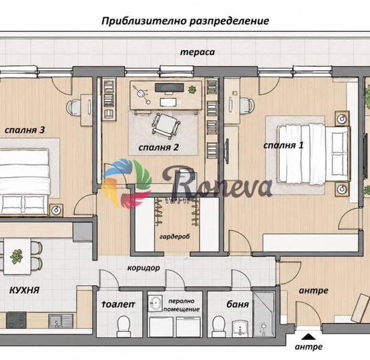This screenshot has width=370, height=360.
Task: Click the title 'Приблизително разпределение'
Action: (x=185, y=21)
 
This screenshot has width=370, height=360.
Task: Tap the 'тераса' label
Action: (x=197, y=52)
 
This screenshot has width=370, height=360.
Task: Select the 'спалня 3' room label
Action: (x=25, y=130)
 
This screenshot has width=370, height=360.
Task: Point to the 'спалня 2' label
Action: (x=159, y=147)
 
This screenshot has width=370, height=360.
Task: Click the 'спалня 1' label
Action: (x=283, y=145)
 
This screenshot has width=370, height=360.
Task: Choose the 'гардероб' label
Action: (x=175, y=236)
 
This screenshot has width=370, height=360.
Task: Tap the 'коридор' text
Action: (x=144, y=268)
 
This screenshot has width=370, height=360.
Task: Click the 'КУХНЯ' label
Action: (x=24, y=290)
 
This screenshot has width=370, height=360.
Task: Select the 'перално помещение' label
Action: (x=182, y=305)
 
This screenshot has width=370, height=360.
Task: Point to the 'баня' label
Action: (x=238, y=304)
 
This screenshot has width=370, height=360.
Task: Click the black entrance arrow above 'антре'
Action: (x=307, y=337)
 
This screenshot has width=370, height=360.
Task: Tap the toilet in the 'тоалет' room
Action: (x=124, y=326)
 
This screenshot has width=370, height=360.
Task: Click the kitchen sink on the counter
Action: (x=61, y=322)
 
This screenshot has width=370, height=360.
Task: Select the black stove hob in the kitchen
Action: (x=17, y=320)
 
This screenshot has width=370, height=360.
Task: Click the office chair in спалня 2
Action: (x=166, y=125)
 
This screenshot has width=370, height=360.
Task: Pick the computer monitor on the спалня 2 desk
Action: (x=169, y=88)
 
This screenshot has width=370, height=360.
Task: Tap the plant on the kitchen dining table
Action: (x=17, y=256)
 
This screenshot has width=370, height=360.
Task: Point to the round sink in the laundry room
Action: (x=155, y=302)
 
